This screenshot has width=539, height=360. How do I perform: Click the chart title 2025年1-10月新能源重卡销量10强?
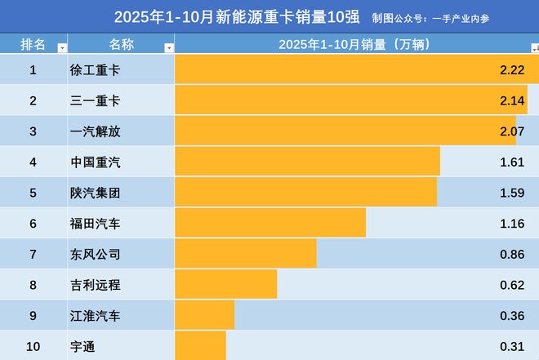pyautogui.click(x=237, y=16)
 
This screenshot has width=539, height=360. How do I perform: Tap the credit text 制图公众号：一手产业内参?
pyautogui.click(x=454, y=17)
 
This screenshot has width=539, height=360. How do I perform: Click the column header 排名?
pyautogui.click(x=33, y=44)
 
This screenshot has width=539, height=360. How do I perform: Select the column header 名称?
pyautogui.click(x=120, y=44)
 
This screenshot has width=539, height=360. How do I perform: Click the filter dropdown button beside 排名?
pyautogui.click(x=62, y=48)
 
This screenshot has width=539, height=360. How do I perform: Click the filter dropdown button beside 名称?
pyautogui.click(x=169, y=48)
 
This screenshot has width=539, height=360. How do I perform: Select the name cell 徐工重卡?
pyautogui.click(x=96, y=70)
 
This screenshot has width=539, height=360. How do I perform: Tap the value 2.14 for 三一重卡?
pyautogui.click(x=512, y=100)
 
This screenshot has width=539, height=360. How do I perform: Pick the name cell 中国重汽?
pyautogui.click(x=96, y=162)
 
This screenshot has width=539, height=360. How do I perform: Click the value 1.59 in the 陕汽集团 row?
pyautogui.click(x=512, y=193)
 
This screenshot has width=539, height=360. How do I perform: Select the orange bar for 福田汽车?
pyautogui.click(x=270, y=224)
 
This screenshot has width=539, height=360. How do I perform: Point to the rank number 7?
pyautogui.click(x=33, y=255)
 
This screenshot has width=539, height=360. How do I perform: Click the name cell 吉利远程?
pyautogui.click(x=96, y=285)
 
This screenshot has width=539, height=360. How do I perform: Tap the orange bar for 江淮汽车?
pyautogui.click(x=204, y=316)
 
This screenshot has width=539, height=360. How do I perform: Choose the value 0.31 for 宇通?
pyautogui.click(x=512, y=346)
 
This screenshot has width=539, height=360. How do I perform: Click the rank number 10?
pyautogui.click(x=33, y=346)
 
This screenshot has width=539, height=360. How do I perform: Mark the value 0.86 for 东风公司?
pyautogui.click(x=512, y=255)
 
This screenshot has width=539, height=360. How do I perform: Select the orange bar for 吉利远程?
pyautogui.click(x=225, y=285)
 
